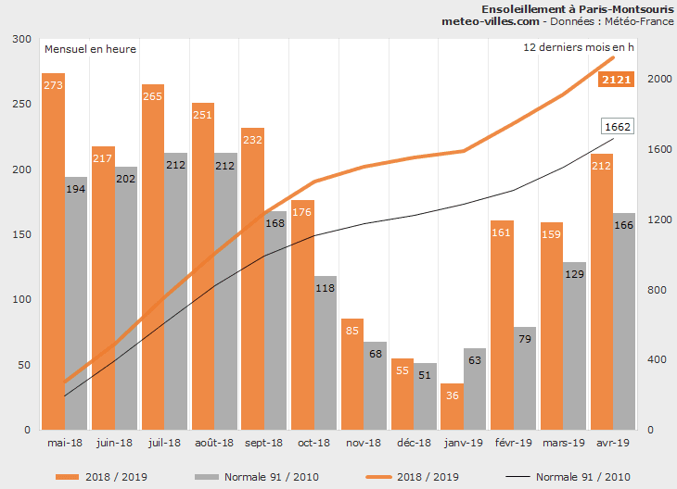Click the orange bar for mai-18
(53, 250)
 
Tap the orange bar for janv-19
(452, 407)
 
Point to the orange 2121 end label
(617, 80)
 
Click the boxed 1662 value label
(617, 127)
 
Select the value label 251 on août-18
(203, 115)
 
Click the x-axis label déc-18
(413, 444)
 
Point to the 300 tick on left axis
(20, 40)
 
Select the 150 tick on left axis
(20, 235)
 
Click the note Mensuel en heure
(90, 48)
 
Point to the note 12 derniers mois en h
(576, 46)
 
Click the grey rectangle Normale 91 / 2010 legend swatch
(207, 477)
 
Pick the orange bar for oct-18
(303, 315)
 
